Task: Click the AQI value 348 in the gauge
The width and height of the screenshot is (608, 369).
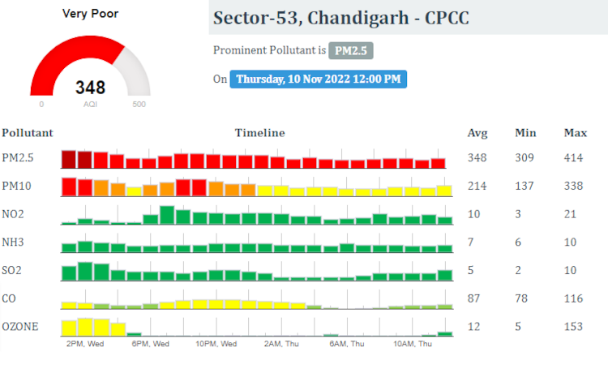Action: point(90,87)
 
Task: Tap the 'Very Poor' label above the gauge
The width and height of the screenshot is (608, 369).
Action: point(90,14)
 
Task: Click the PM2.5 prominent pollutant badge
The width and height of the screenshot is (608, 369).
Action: point(350,50)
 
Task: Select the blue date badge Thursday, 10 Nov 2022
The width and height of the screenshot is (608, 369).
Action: point(318,79)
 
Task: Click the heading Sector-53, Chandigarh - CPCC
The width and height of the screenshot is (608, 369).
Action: point(340,18)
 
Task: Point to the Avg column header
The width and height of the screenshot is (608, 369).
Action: point(477,133)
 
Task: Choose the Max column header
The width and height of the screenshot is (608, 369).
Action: point(575,133)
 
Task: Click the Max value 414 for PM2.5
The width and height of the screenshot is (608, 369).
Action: point(574,157)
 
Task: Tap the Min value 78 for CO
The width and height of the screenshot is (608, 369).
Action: point(523,298)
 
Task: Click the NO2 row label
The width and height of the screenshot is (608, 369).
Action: point(13,214)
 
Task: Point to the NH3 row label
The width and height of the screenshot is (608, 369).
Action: point(13,242)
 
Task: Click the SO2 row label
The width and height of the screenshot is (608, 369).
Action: point(13,270)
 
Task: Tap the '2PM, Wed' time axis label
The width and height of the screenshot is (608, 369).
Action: point(84,344)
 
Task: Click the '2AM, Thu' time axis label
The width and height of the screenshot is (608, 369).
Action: point(281,344)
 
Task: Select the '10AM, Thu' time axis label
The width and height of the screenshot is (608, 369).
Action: point(413,344)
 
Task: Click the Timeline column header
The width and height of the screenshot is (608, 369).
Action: point(259,133)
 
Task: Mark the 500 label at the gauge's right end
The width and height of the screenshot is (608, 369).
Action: point(139,105)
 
